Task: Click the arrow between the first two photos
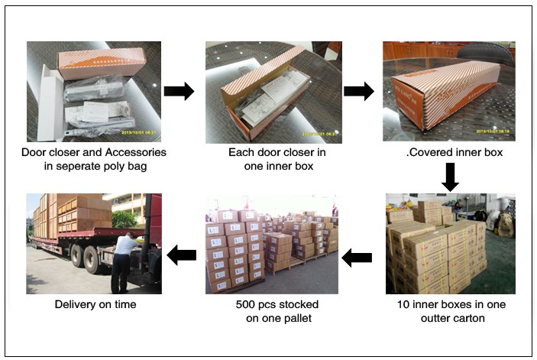pos(179,92)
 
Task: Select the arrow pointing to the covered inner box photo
pos(358,92)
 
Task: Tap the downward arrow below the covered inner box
pos(450,177)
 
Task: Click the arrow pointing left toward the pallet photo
pos(356,258)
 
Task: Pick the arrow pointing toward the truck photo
pos(181,255)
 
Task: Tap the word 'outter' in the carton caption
pos(431,317)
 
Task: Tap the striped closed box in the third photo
pos(451,96)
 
